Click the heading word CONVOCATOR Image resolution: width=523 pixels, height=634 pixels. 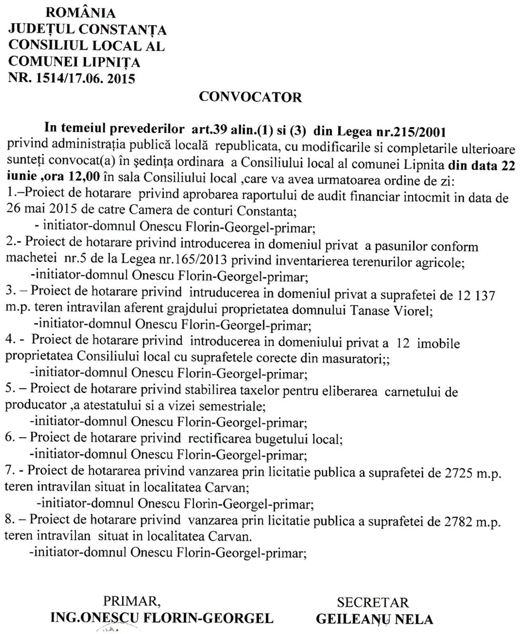pos(250,97)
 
